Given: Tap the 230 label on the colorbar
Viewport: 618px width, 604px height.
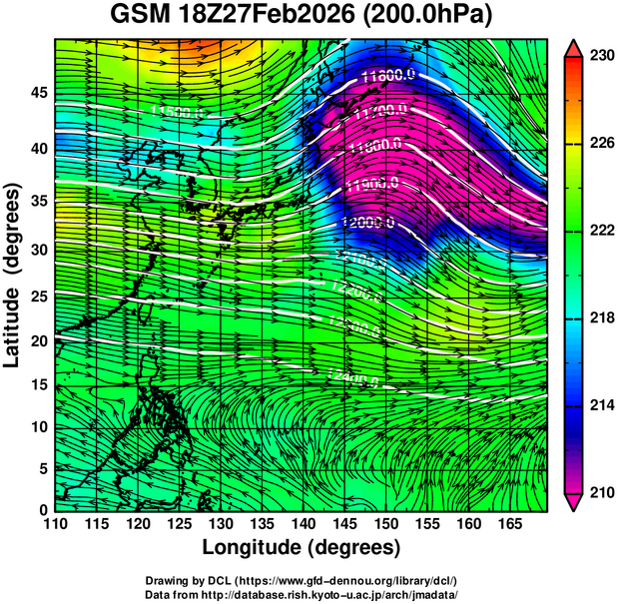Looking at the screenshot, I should pyautogui.click(x=601, y=56).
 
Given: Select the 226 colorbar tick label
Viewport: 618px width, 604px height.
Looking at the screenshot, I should pyautogui.click(x=601, y=143).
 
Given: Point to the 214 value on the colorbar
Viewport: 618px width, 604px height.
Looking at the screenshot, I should pyautogui.click(x=601, y=405).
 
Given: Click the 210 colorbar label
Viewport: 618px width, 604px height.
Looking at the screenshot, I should pyautogui.click(x=601, y=492).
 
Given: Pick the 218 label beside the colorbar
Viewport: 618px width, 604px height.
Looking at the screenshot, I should pyautogui.click(x=601, y=317).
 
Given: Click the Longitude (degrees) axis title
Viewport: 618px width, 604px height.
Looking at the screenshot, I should pyautogui.click(x=302, y=547).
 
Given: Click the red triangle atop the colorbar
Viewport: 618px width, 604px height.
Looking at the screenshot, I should pyautogui.click(x=574, y=47).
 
